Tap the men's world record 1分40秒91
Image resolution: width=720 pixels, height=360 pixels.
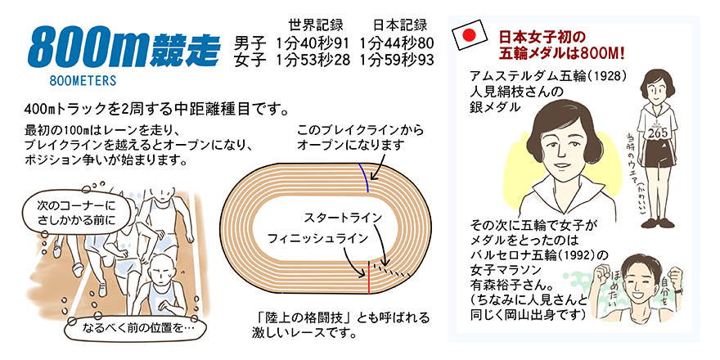coord(313,44)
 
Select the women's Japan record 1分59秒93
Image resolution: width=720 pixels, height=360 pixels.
coord(397,60)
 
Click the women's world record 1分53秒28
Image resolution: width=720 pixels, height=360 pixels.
coord(313,60)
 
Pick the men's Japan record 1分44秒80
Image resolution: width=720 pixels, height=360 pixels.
coord(397,44)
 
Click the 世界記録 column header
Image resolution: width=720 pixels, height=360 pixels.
coord(316,25)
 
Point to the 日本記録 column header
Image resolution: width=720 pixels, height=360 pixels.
coord(400,25)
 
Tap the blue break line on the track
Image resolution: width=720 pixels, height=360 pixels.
coord(365,178)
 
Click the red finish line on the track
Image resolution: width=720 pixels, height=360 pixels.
coord(368,277)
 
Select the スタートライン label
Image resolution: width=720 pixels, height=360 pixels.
coord(343,217)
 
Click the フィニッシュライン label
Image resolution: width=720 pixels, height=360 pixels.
coord(318,238)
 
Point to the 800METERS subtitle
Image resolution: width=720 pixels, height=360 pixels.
coord(83,81)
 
